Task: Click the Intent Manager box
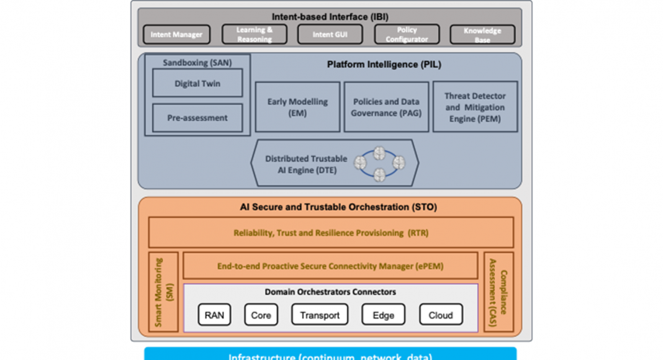[x=176, y=35]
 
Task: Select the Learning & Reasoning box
[x=255, y=35]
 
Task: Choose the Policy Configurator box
[x=407, y=35]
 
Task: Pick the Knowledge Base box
[x=482, y=35]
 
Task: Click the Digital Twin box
[x=197, y=83]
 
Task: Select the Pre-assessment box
[x=197, y=118]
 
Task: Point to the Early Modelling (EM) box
[x=297, y=107]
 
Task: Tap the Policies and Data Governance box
[x=386, y=107]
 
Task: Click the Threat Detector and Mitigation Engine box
[x=475, y=107]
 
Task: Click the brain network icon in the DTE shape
[x=379, y=163]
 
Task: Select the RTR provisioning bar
[x=331, y=233]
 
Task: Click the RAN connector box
[x=214, y=315]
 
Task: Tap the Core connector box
[x=261, y=315]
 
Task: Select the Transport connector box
[x=320, y=315]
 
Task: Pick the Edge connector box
[x=383, y=315]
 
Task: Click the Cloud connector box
[x=441, y=315]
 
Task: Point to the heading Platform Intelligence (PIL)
[x=384, y=65]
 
